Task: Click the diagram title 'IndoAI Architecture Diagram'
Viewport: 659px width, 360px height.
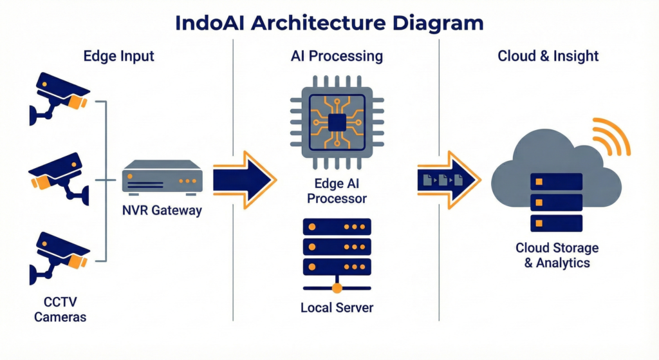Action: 329,23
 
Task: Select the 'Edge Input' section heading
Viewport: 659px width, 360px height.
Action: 119,56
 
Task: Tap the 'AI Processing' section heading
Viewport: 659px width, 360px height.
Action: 337,56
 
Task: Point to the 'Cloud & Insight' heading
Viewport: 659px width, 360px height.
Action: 548,56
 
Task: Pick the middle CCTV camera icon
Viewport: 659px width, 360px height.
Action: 59,176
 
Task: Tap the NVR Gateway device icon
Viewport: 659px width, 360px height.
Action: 163,178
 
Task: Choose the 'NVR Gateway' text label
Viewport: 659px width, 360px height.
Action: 162,211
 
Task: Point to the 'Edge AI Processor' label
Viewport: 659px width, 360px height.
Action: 337,191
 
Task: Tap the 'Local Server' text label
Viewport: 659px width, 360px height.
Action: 337,307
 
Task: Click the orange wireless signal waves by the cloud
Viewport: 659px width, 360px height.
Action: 611,137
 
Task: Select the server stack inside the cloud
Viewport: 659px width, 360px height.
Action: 556,202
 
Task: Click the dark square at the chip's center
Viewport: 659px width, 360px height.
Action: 337,121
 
